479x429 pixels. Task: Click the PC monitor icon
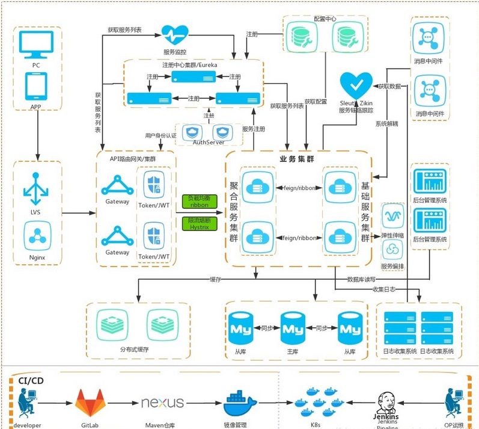tap(37, 45)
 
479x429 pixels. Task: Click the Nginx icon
tap(37, 235)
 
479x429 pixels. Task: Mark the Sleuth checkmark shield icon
tap(352, 85)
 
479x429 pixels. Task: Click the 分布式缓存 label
tap(134, 350)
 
